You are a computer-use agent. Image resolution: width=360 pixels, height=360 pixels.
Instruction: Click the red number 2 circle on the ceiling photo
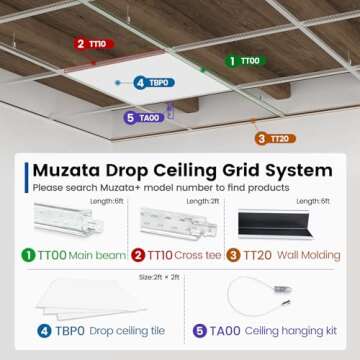[x=78, y=44]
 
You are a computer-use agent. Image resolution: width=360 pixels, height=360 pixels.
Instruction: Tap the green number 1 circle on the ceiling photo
[x=231, y=60]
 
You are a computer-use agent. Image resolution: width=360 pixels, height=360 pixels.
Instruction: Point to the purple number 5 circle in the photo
[x=130, y=118]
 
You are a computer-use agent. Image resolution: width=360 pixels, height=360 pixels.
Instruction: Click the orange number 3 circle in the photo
[x=260, y=138]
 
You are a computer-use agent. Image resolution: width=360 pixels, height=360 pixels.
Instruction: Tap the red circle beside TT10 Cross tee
[x=139, y=255]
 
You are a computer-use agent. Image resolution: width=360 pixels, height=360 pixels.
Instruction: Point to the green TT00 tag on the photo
[x=249, y=60]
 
